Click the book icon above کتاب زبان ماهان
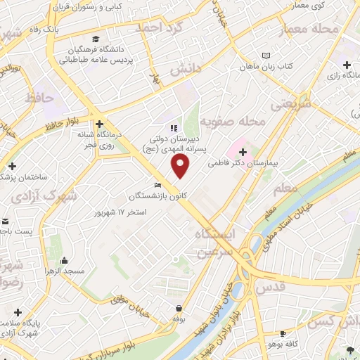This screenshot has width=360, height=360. tap(266, 55)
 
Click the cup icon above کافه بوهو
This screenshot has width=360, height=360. tap(283, 333)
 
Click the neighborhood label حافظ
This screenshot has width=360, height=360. tap(39, 99)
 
